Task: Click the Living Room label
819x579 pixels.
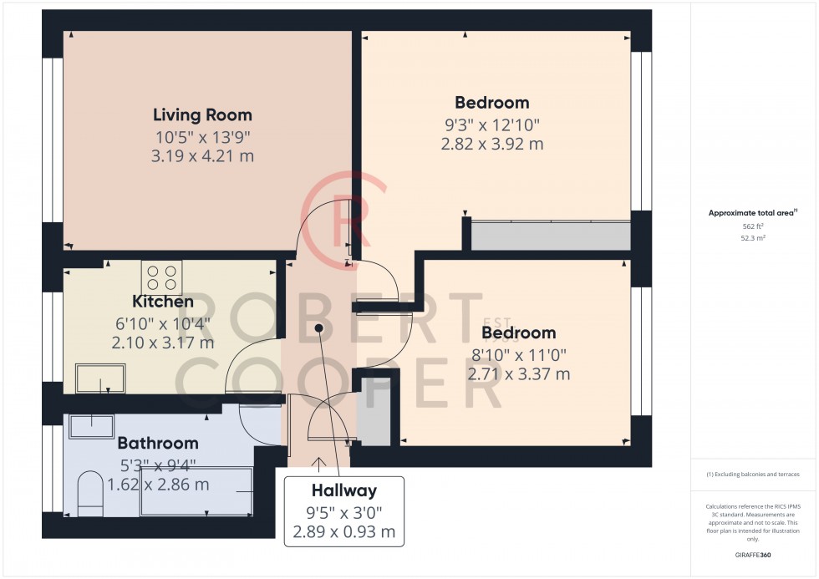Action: [202, 114]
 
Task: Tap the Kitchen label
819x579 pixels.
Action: [162, 302]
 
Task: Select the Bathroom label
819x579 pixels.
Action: [158, 443]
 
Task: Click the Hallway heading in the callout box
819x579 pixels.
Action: [343, 490]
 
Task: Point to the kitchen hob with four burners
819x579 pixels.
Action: [162, 277]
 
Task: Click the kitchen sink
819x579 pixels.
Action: [100, 378]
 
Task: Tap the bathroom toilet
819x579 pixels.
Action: [90, 494]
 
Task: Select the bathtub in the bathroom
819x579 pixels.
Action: [196, 491]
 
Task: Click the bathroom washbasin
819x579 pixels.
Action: [91, 427]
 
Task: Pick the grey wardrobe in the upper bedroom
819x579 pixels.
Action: [551, 236]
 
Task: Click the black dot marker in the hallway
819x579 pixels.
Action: [318, 328]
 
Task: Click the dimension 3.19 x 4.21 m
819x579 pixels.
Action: [202, 156]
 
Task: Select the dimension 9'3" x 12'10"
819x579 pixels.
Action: [492, 125]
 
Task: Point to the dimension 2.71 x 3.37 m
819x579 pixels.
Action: [518, 374]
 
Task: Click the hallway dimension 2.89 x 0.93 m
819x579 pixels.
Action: [343, 532]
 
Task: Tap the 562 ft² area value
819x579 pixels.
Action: [753, 226]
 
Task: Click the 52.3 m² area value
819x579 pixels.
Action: [753, 238]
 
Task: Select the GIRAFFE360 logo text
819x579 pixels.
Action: [753, 555]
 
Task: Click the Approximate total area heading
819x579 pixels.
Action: [752, 212]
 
